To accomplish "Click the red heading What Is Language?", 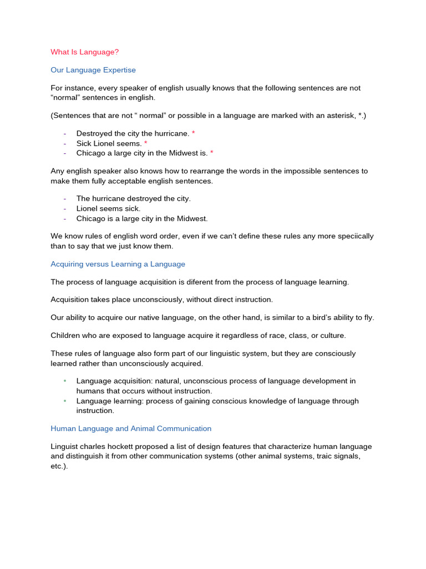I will point(84,52).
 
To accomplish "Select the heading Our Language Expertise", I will point(93,70).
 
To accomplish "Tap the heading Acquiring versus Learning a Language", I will point(118,264).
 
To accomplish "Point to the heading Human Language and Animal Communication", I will point(131,428).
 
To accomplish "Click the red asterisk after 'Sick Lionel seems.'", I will point(145,143).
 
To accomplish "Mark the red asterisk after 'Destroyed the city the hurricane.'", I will point(193,133).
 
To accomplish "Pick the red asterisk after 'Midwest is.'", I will point(211,153).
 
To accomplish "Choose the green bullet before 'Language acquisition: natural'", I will point(65,381).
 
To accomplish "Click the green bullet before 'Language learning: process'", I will point(65,401).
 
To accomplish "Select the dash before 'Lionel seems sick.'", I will point(65,208).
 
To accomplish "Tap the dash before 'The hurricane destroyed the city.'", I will point(65,198).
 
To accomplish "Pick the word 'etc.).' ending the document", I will point(59,467).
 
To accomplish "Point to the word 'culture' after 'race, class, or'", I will point(332,335).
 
